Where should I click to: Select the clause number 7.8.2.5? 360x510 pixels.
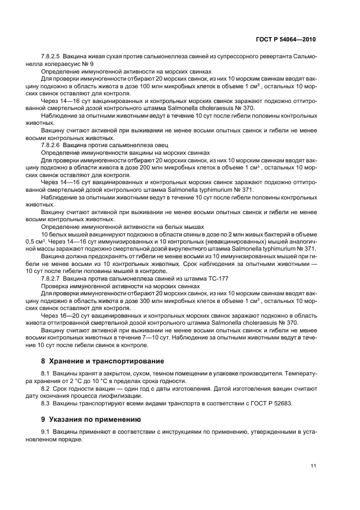tap(52, 57)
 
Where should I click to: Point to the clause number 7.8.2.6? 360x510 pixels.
tap(52, 146)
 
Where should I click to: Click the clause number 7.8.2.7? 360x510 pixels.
tap(52, 278)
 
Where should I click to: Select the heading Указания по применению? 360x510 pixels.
tap(95, 420)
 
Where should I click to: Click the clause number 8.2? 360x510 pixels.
tap(46, 388)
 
